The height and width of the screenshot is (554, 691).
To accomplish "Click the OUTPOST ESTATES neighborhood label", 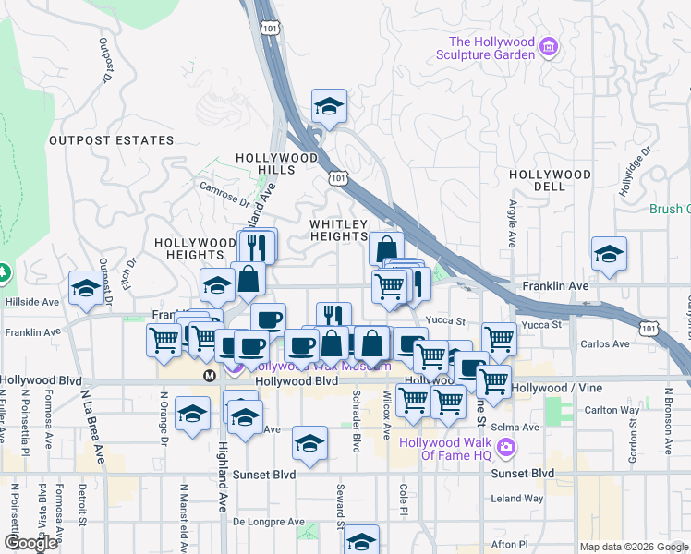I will click(111, 140).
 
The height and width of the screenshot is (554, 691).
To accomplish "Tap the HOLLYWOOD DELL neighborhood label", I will click(551, 180).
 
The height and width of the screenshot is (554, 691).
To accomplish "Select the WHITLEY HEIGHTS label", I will click(339, 230).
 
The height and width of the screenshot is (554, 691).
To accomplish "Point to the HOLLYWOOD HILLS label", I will click(276, 164).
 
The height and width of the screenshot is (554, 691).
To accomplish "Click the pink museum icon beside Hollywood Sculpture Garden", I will click(549, 45).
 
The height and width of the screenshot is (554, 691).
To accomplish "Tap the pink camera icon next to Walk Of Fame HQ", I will click(505, 448).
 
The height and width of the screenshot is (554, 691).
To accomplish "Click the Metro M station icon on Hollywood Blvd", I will click(210, 375).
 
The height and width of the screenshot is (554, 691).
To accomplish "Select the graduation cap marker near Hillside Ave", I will click(86, 288).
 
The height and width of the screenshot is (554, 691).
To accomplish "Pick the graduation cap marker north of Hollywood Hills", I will click(329, 107).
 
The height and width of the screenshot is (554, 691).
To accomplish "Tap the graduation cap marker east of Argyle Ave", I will click(609, 255).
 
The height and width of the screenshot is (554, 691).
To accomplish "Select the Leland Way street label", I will click(517, 499).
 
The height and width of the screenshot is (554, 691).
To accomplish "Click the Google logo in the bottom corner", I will click(30, 542).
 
